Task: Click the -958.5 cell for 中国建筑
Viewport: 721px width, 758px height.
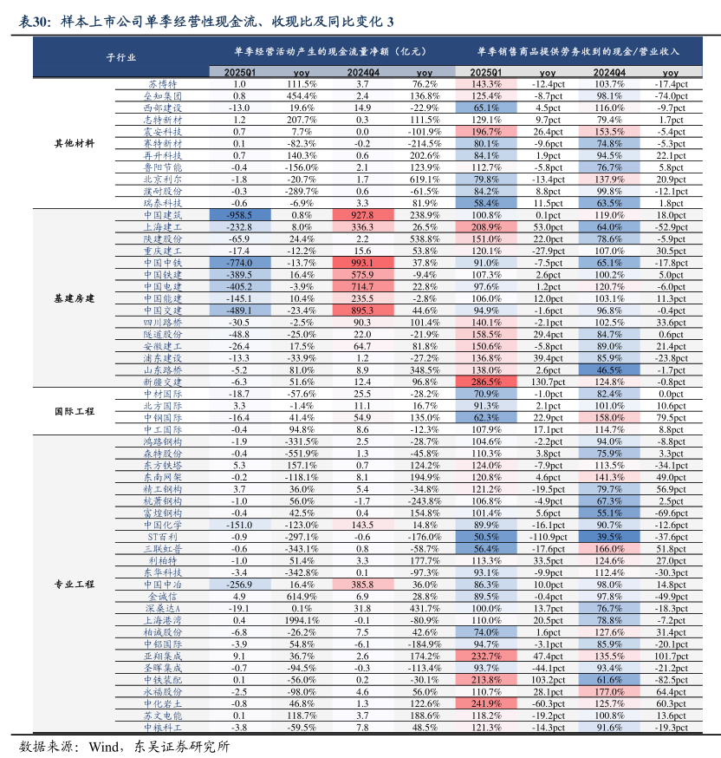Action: [240, 214]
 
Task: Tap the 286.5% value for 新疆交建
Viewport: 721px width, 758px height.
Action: [487, 381]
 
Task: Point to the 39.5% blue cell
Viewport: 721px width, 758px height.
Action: [610, 536]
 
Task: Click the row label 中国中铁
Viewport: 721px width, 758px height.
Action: [162, 262]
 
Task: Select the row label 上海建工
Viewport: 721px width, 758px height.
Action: [162, 225]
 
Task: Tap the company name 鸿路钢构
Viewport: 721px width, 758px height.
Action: [162, 441]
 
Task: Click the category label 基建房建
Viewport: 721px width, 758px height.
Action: [75, 297]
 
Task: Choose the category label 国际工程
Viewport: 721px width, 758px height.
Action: [75, 411]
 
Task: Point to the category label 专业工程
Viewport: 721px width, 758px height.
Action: [75, 585]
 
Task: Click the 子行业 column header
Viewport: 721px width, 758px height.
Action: [120, 58]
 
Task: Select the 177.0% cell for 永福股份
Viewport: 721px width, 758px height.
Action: [610, 692]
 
